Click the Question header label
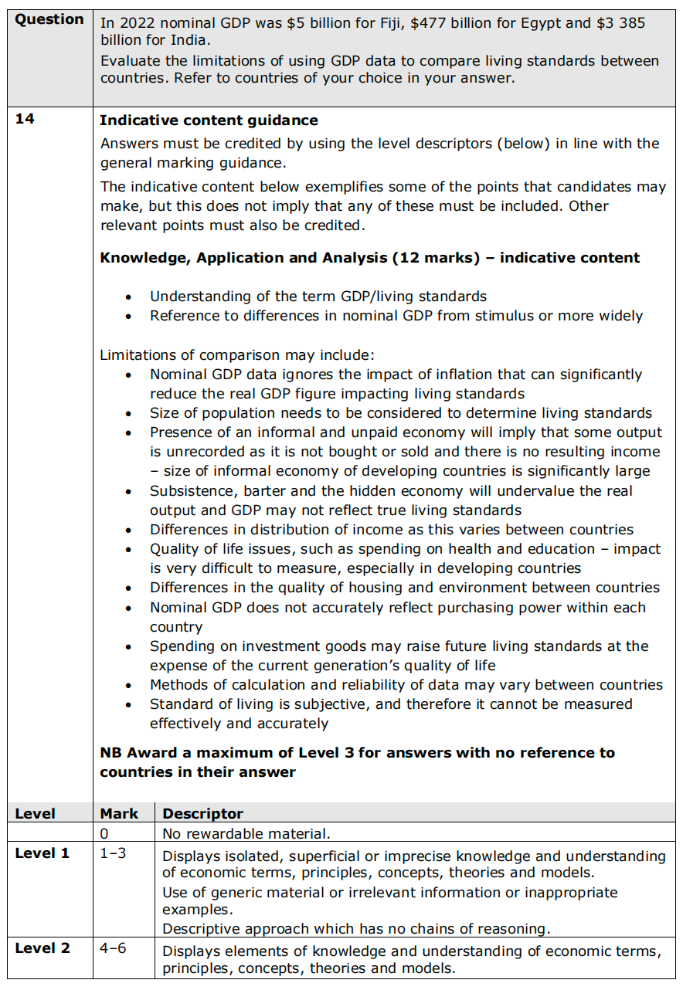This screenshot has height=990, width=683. click(x=49, y=19)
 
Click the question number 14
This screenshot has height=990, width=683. click(x=25, y=120)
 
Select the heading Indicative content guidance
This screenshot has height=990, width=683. click(x=209, y=120)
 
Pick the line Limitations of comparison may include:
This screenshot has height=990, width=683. click(x=236, y=355)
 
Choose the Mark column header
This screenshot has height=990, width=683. click(x=119, y=814)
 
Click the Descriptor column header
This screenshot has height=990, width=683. click(x=202, y=814)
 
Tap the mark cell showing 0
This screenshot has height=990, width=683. click(x=104, y=834)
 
